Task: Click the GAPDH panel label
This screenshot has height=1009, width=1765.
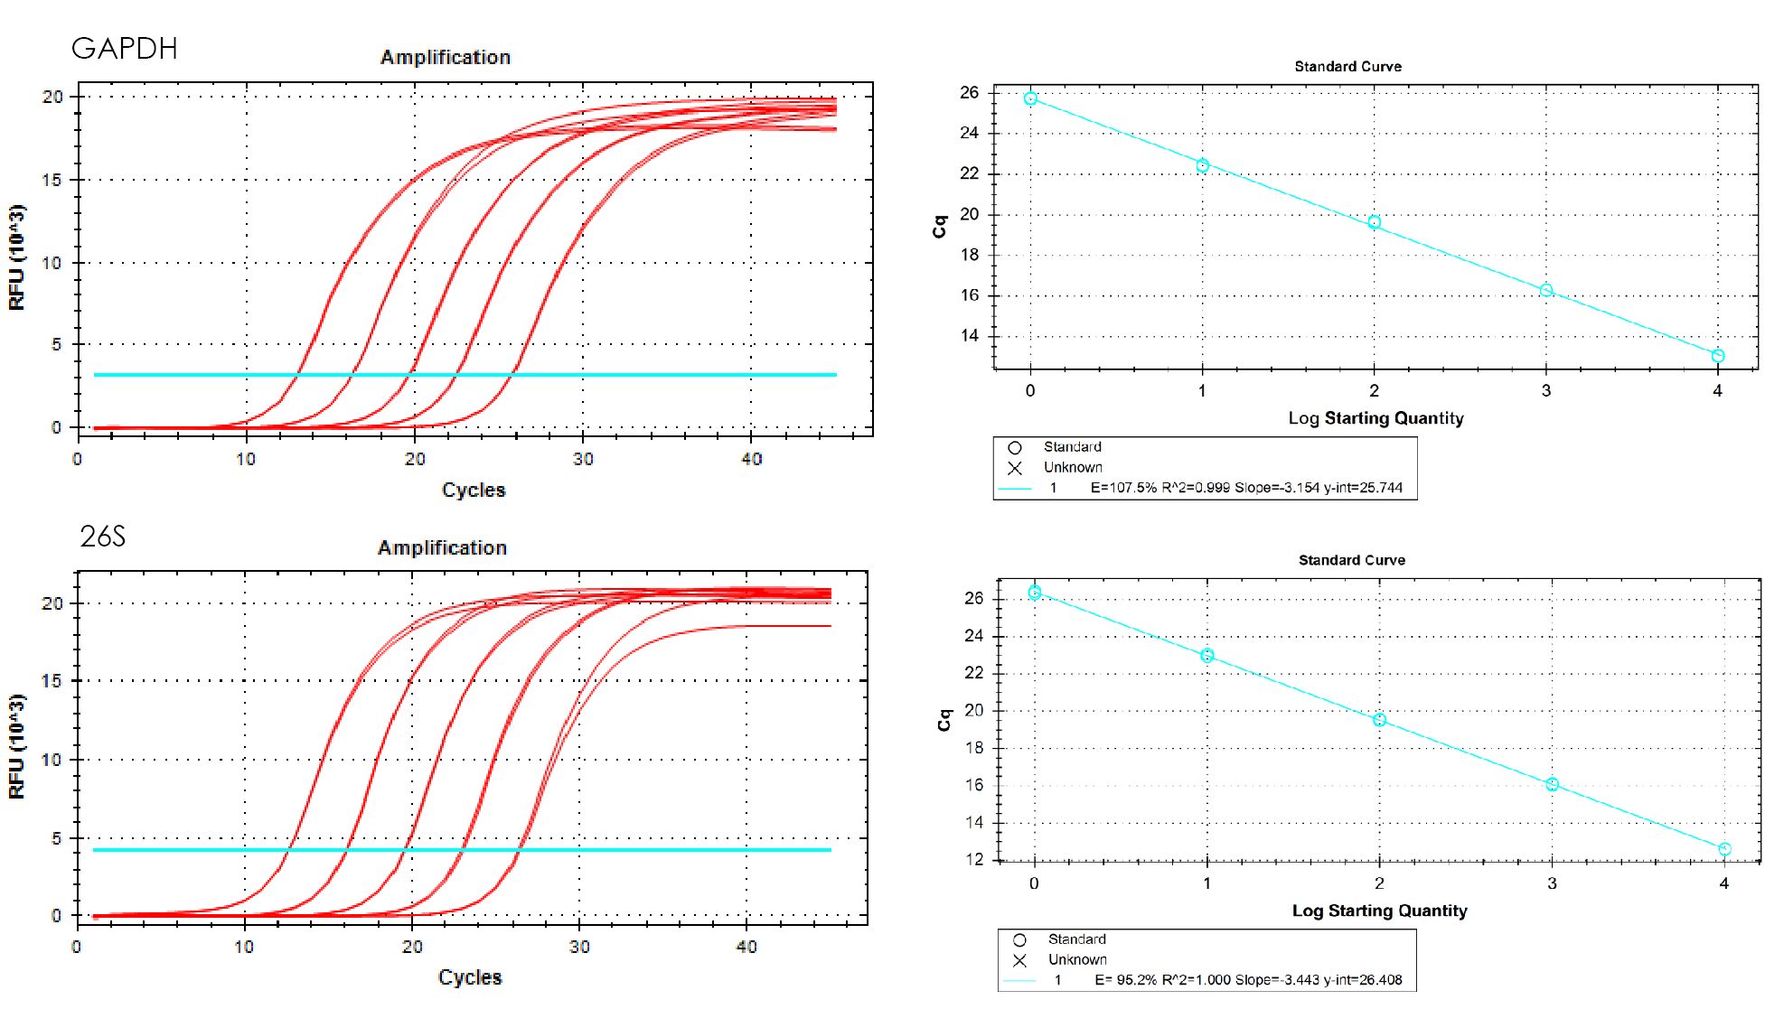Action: point(124,48)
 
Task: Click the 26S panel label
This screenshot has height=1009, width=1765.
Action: point(102,537)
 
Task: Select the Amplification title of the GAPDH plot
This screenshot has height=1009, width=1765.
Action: point(445,57)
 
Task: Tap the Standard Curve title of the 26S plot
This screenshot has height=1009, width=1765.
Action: point(1351,560)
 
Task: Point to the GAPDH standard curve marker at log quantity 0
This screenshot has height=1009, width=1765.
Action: point(1030,98)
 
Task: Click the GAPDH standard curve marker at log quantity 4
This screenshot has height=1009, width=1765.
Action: point(1717,356)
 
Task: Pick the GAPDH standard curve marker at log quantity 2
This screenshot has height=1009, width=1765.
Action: point(1374,222)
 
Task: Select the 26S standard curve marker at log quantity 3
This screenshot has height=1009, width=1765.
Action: point(1552,784)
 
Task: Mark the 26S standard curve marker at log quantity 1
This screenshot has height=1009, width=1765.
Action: point(1206,656)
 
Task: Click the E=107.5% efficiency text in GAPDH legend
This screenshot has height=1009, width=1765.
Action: point(1122,488)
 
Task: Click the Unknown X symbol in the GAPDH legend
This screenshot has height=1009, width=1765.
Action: point(1014,468)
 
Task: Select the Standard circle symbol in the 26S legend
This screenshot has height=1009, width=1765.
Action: point(1019,939)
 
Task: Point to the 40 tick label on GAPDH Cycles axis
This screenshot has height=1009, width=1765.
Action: point(751,459)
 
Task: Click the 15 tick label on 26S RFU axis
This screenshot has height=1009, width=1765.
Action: point(52,681)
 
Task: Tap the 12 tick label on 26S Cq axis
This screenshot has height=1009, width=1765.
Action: point(974,859)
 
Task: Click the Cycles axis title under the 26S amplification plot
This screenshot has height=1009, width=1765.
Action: point(470,977)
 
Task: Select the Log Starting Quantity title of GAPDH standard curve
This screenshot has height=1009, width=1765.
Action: point(1375,418)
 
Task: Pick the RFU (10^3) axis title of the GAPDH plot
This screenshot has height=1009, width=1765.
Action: point(17,257)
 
